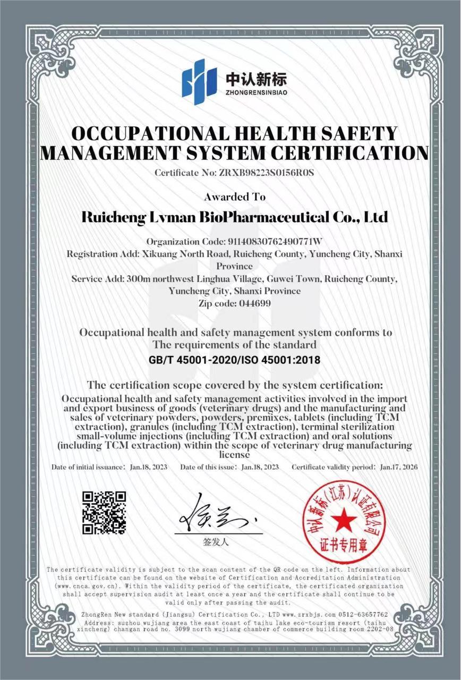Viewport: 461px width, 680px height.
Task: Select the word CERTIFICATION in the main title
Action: [349, 153]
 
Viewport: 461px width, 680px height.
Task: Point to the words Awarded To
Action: [234, 197]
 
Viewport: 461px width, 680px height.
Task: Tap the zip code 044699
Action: [253, 303]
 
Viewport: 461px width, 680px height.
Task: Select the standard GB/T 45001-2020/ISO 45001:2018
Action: [234, 360]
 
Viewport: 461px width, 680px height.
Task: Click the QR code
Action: [104, 513]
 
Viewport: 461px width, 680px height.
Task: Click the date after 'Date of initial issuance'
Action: [149, 467]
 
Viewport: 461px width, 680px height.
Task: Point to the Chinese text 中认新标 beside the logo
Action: [257, 79]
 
